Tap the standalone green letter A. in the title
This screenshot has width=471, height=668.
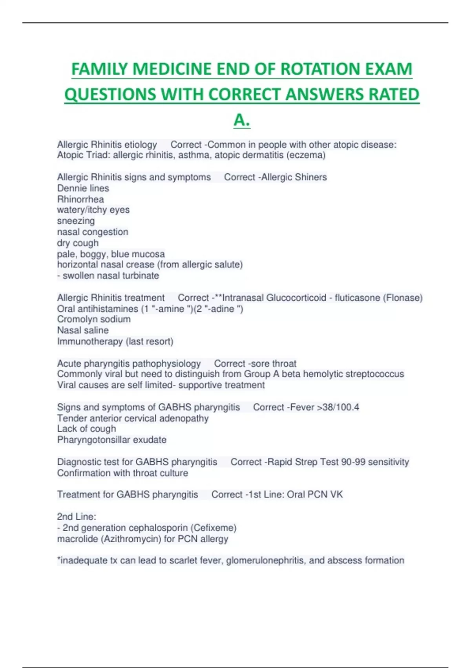242,120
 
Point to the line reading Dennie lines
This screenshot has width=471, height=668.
83,188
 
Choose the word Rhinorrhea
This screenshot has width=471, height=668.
80,199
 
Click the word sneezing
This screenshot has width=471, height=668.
76,221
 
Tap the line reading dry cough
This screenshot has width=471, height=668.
78,243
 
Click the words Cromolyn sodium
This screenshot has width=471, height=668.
94,319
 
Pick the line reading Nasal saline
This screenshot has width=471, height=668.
83,330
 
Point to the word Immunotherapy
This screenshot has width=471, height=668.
90,341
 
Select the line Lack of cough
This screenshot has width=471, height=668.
86,429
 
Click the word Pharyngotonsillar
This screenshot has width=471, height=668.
94,440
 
